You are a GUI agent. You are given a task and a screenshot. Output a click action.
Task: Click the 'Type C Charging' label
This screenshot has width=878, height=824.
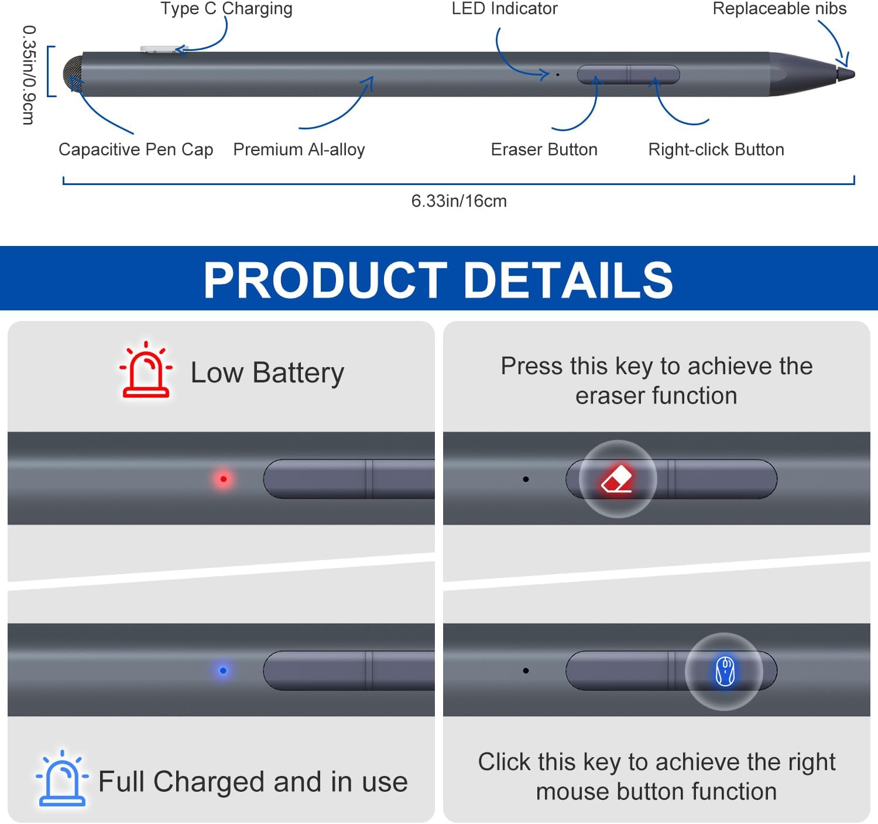226,9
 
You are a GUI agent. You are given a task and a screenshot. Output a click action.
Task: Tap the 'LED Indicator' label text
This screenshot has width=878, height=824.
504,9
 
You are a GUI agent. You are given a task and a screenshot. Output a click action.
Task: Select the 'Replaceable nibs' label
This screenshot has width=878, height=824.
779,9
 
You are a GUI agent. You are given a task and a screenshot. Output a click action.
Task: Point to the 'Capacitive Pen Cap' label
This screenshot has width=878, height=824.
136,149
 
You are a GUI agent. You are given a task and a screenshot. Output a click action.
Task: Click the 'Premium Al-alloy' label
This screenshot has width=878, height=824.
299,149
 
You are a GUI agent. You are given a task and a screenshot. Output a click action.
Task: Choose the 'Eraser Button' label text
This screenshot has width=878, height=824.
544,149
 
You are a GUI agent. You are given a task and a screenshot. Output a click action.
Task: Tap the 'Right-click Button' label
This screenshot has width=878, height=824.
716,149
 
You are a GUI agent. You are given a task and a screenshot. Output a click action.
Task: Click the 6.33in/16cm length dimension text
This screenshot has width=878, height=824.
459,201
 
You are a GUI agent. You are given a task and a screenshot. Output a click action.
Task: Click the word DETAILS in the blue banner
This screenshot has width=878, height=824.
568,279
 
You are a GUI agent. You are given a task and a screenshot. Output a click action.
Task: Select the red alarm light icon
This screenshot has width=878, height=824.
146,370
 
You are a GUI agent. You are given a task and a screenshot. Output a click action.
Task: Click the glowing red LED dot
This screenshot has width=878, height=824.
223,479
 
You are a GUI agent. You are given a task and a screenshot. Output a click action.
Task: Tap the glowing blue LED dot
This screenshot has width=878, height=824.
223,671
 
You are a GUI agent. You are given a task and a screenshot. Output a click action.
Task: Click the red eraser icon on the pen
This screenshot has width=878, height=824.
618,479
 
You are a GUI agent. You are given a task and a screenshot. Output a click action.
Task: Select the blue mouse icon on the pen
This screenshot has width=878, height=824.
725,671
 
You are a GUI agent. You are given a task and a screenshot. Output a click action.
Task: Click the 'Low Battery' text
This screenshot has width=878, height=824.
267,372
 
